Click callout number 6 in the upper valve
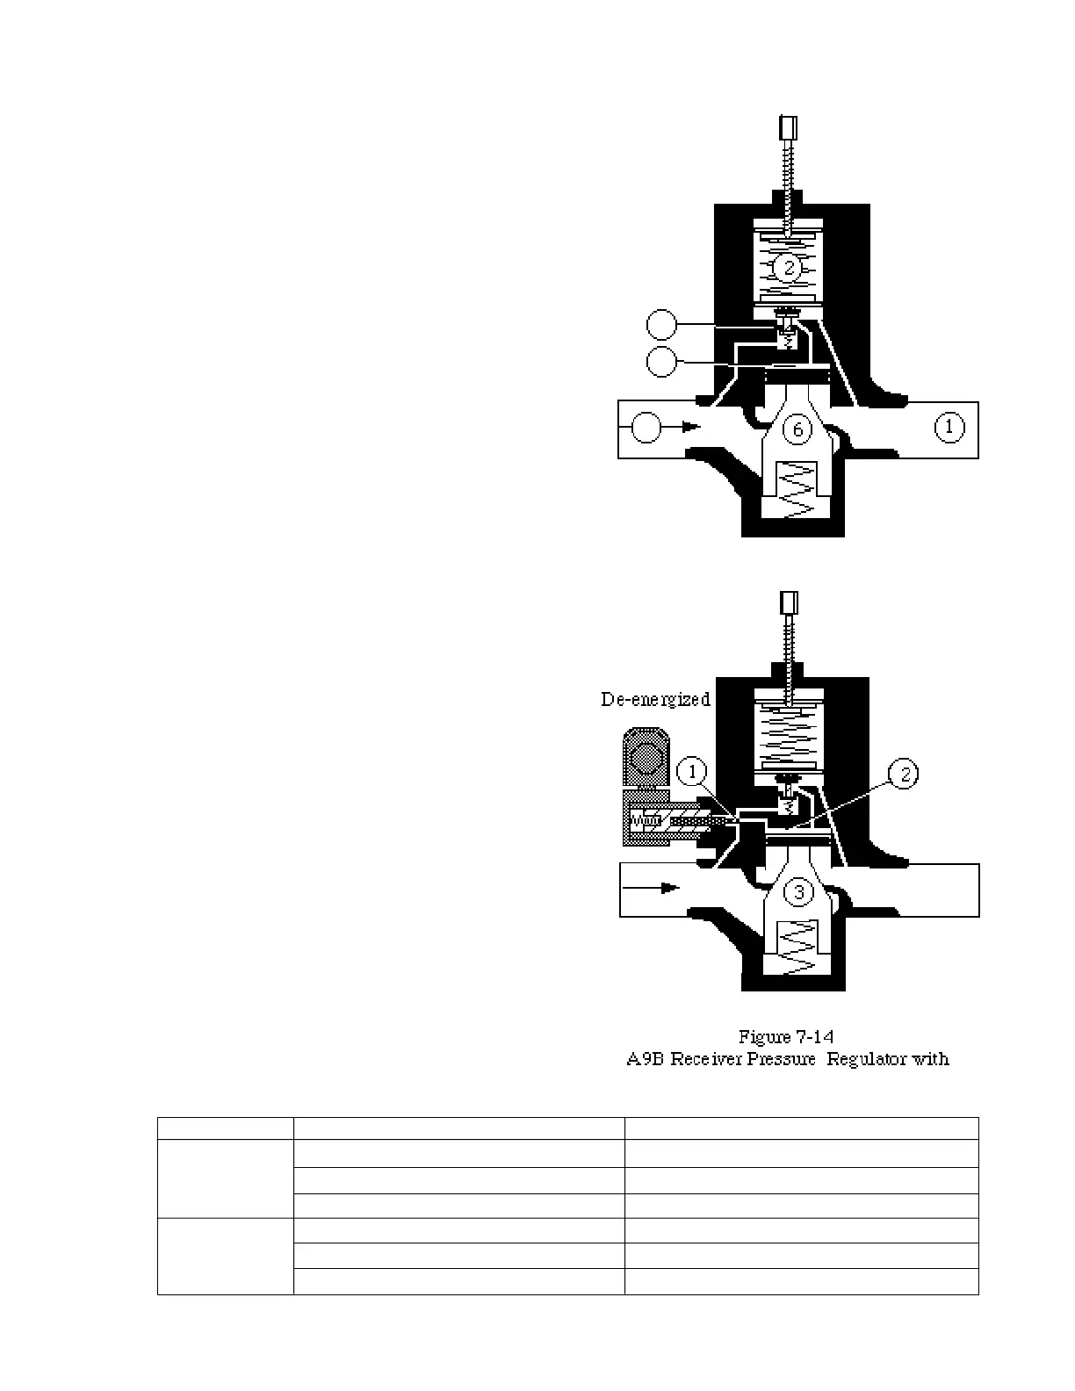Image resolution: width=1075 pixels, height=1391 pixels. pos(797,429)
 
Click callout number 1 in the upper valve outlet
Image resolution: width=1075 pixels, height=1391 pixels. pos(949,428)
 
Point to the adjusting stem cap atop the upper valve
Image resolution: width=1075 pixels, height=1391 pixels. pos(787,128)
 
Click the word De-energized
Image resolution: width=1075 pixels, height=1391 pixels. pos(655,700)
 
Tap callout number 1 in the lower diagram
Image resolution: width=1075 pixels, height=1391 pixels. pos(693,772)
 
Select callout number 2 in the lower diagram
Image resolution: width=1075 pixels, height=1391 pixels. pos(904,773)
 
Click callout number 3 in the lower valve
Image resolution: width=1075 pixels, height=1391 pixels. pos(798,892)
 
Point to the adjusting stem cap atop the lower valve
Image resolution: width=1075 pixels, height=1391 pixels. pos(788,603)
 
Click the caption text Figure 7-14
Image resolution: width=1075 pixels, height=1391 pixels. pos(786,1037)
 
